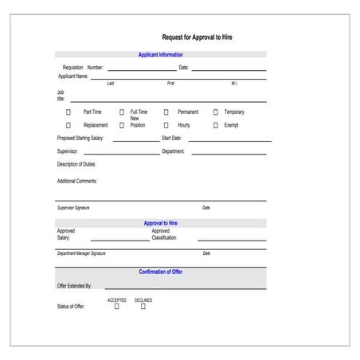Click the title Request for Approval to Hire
coord(197,37)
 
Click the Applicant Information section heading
coord(161,55)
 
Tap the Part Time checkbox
coord(68,112)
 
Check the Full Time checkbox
coord(122,112)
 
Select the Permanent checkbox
coord(166,112)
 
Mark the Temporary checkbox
coord(215,112)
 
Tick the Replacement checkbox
coord(68,125)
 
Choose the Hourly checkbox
coord(166,125)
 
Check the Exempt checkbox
coord(215,125)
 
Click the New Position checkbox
coord(122,125)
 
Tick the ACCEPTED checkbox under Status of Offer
coord(117,307)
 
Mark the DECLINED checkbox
coord(143,307)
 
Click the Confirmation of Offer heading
coord(161,272)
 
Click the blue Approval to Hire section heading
coord(161,223)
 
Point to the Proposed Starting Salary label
coord(80,138)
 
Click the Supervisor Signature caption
coord(73,208)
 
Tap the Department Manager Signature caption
coord(81,253)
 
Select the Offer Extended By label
coord(74,285)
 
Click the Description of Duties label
coord(76,164)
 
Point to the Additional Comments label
coord(76,181)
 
